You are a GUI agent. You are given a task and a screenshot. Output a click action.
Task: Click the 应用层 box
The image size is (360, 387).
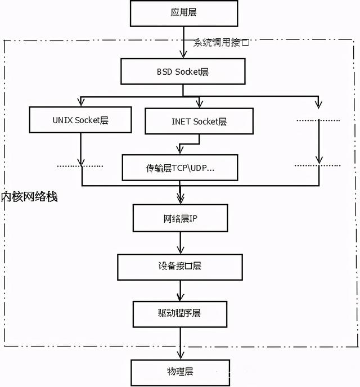tap(180, 12)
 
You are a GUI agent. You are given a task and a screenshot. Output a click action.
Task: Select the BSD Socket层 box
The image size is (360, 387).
tap(183, 72)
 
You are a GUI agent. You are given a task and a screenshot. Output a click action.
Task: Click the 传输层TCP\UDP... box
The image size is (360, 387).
tap(180, 168)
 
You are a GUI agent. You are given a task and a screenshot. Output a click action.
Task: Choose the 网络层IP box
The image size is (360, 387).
tap(180, 217)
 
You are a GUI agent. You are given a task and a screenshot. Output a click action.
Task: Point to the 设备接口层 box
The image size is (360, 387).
tap(180, 266)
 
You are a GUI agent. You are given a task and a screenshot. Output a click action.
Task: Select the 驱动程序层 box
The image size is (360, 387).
tap(180, 313)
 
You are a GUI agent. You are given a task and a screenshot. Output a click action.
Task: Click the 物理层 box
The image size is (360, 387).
tap(180, 372)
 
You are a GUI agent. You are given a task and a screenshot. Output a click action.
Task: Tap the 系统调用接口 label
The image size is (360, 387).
tap(222, 43)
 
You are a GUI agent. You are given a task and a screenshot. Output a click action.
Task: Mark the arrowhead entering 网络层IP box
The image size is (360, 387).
tap(180, 199)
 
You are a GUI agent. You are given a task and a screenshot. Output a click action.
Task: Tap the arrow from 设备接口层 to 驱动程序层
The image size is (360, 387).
tap(180, 290)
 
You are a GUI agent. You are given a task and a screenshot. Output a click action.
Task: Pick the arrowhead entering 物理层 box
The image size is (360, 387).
tap(180, 354)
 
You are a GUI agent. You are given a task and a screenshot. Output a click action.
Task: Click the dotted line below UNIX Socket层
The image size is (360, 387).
tap(81, 166)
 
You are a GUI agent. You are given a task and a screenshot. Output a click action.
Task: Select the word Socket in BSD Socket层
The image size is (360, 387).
tap(192, 72)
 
